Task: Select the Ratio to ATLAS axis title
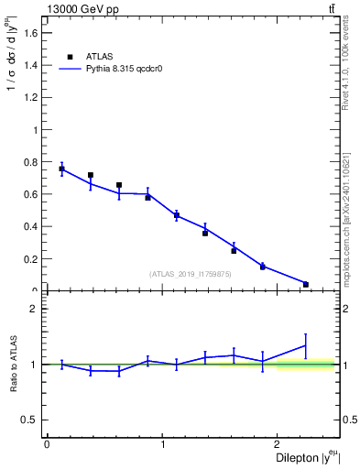point(12,365)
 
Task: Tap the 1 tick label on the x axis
point(162,443)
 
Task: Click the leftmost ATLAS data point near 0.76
point(61,169)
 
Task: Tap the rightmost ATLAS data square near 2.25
point(306,284)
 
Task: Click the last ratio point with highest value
point(306,345)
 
